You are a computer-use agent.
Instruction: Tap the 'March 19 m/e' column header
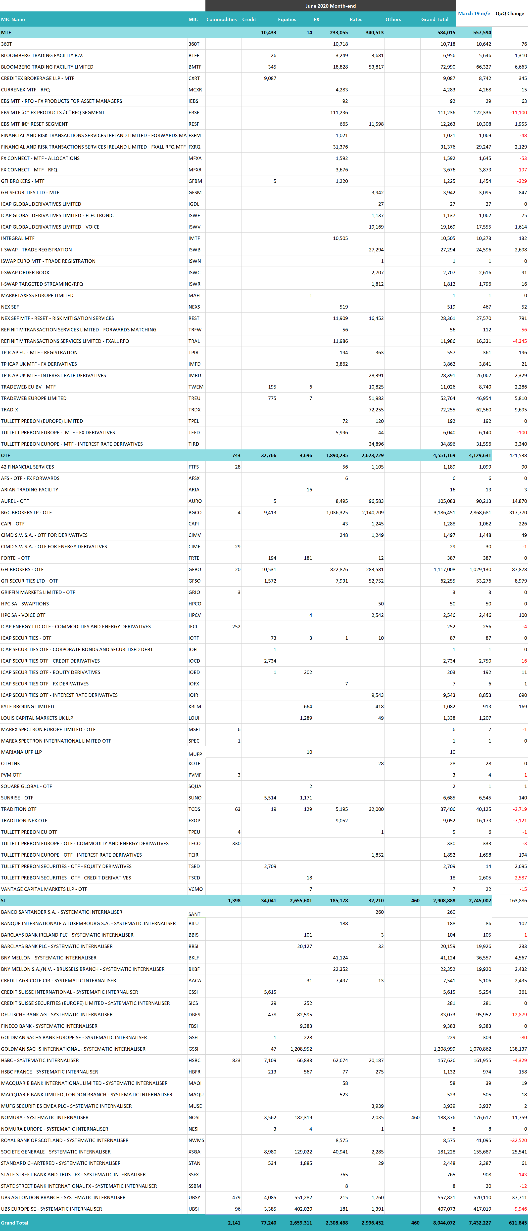point(474,13)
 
